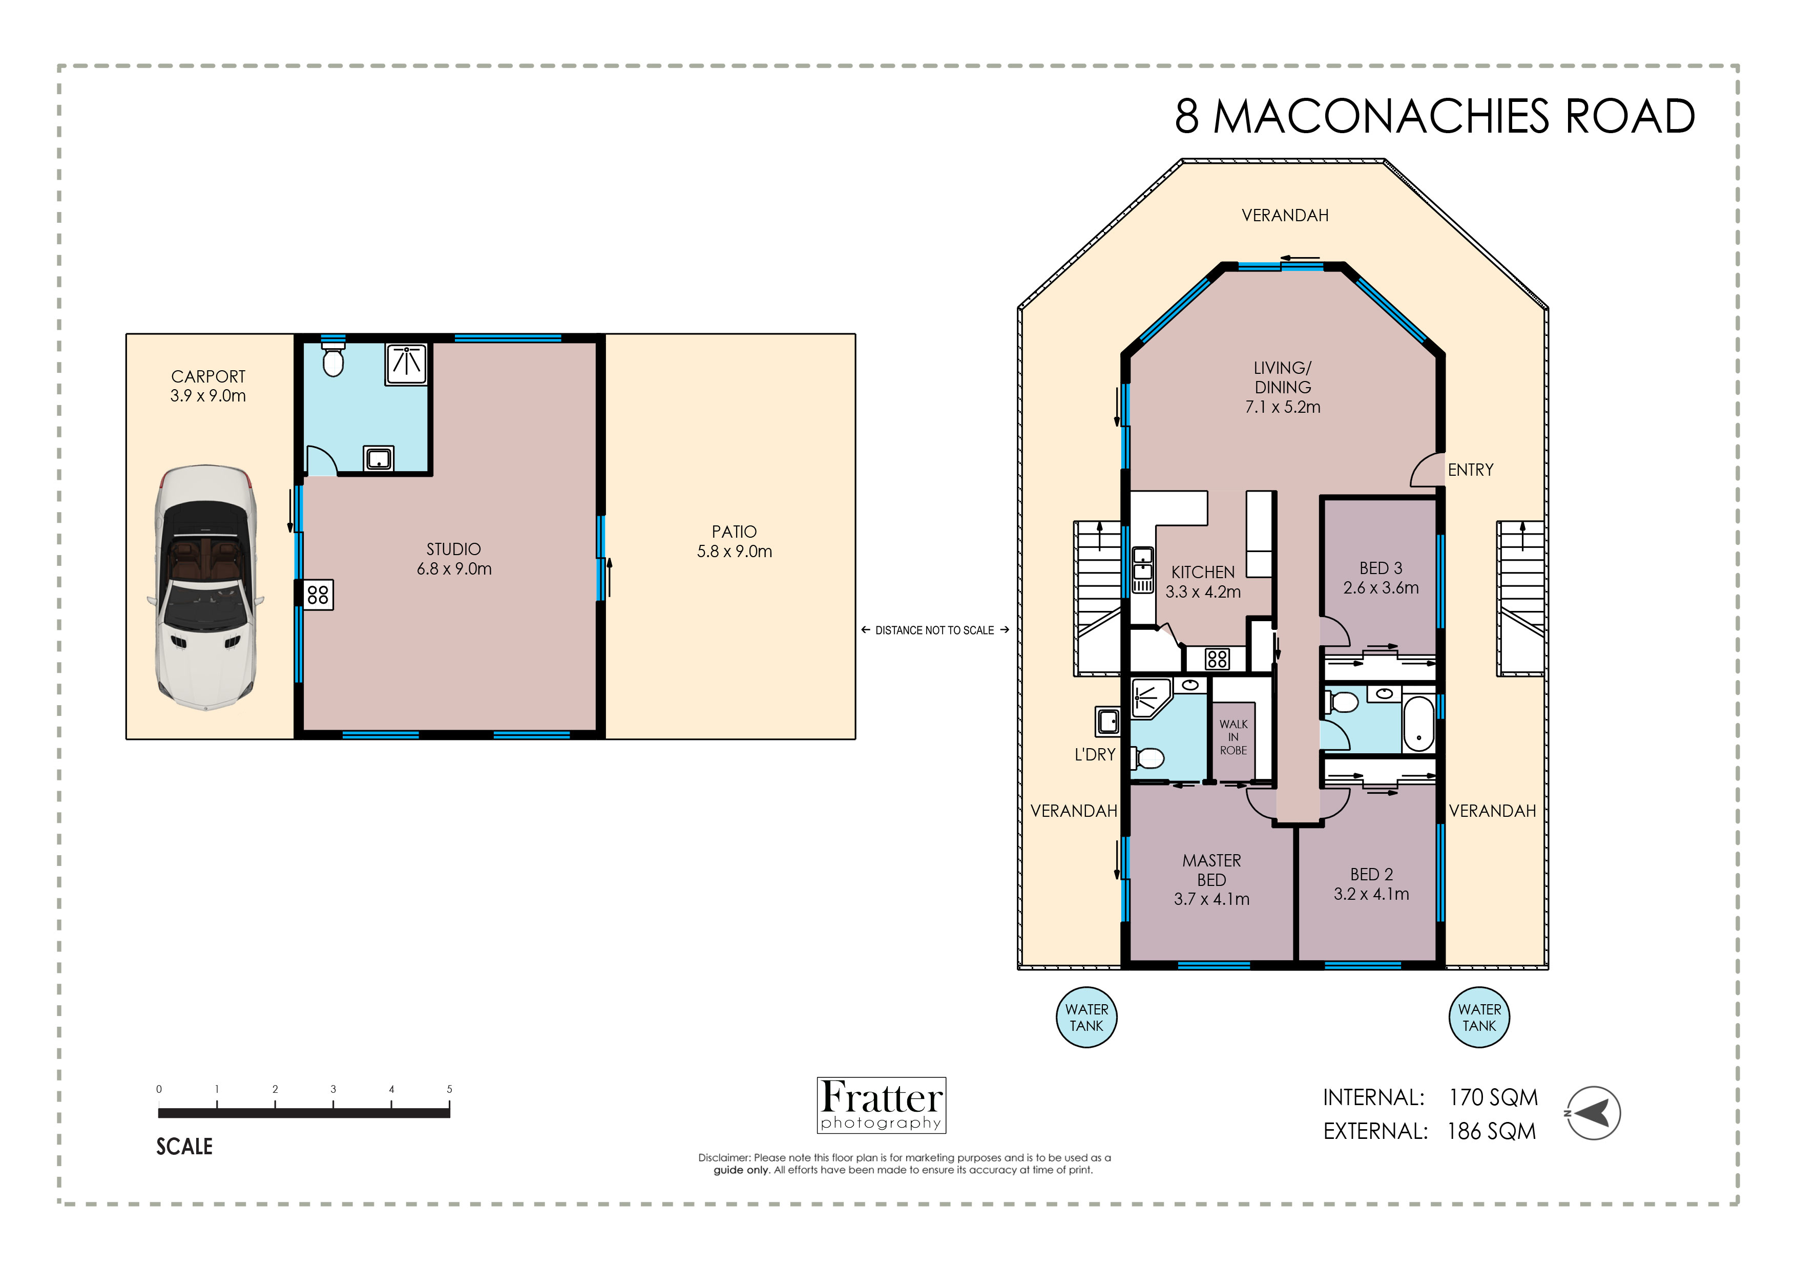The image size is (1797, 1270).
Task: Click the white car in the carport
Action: point(205,587)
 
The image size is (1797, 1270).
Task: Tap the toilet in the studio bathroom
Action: point(333,360)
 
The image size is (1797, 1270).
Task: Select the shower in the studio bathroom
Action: point(406,364)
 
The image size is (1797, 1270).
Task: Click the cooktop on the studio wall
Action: point(318,595)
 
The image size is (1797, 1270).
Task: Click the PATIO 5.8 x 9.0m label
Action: point(734,541)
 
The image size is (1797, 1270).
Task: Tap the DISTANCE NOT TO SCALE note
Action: point(934,630)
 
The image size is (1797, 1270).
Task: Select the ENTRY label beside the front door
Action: point(1470,470)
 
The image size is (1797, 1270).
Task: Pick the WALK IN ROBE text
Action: point(1234,737)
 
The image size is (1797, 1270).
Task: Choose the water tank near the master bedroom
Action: point(1086,1017)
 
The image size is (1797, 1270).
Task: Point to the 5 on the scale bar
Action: point(449,1089)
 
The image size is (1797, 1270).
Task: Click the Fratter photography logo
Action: point(881,1105)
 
